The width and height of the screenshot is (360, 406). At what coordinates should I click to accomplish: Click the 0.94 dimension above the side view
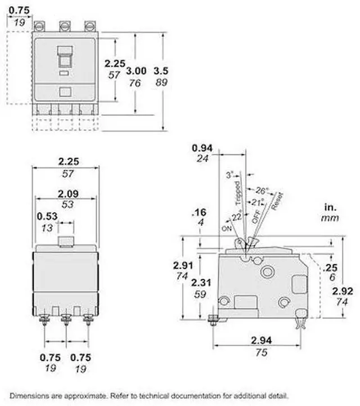202,147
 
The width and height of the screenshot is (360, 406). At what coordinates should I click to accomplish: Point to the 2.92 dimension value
343,291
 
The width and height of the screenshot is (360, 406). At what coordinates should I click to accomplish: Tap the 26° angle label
262,190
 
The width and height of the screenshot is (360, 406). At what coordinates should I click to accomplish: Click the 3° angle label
228,174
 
